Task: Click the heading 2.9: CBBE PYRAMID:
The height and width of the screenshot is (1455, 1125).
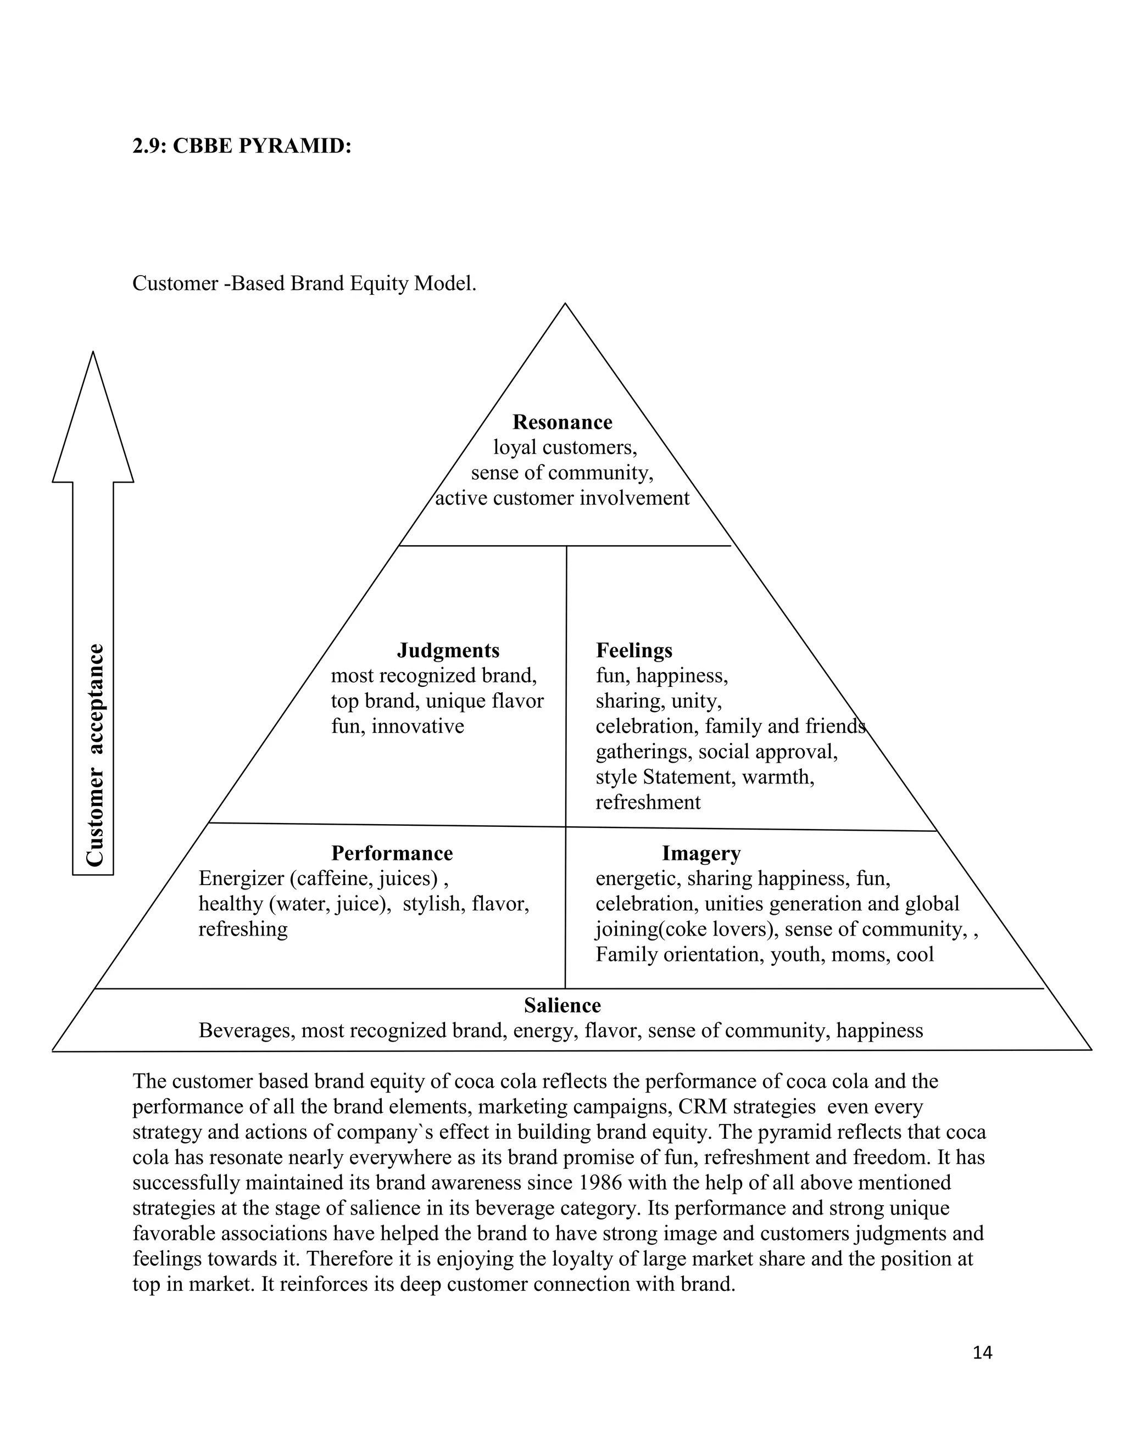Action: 241,145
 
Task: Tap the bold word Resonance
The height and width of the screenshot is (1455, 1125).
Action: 562,422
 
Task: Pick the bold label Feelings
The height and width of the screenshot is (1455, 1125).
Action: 634,650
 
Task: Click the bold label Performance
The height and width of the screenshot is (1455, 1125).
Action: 392,853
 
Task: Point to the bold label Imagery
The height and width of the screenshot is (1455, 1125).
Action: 701,853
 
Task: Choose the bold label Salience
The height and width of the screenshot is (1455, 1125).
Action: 562,1005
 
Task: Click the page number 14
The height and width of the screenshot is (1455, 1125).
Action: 982,1352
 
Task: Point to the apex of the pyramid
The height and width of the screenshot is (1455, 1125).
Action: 565,306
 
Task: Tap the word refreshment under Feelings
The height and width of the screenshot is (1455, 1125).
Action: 648,802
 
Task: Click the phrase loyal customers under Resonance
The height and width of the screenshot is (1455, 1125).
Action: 565,447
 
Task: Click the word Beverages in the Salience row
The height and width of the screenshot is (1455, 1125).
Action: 247,1030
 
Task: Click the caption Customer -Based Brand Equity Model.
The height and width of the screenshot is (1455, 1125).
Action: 304,283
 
